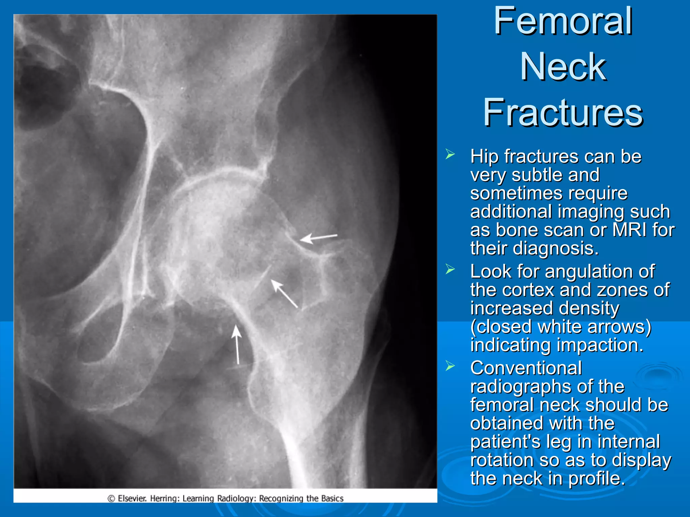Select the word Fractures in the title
[x=563, y=112]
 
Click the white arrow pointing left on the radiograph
[x=318, y=238]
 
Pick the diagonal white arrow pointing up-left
[x=284, y=294]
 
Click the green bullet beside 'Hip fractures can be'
[x=450, y=154]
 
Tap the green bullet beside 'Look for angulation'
[x=450, y=269]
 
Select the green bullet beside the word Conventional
[x=450, y=366]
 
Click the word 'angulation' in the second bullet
[x=600, y=272]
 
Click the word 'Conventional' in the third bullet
[x=526, y=368]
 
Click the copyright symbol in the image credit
[x=111, y=498]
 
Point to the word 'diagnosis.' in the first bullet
[x=556, y=249]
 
